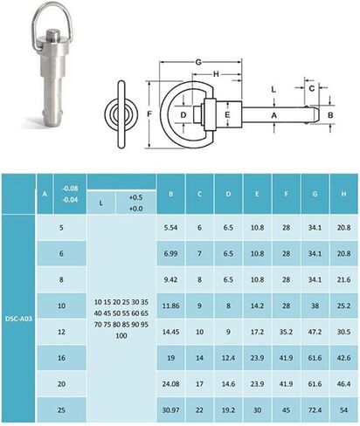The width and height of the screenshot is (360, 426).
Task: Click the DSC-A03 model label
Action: coord(17,307)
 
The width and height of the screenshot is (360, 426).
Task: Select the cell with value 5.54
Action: coord(171,226)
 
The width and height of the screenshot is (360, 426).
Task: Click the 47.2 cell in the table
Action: coord(315,333)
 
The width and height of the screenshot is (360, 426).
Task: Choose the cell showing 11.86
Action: coord(171,306)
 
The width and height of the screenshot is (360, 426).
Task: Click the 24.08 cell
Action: coord(171,383)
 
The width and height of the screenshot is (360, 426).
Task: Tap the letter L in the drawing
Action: coord(273,89)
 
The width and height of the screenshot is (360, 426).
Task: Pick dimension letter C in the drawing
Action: coord(311,88)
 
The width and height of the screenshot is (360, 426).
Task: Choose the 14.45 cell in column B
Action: coord(171,333)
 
